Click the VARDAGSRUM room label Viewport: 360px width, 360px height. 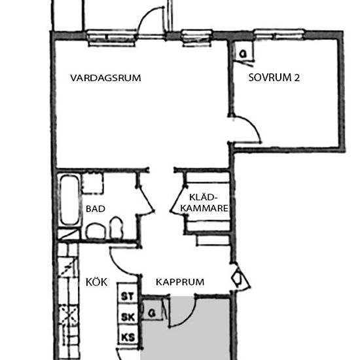[105, 78]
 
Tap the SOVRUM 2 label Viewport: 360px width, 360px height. [274, 77]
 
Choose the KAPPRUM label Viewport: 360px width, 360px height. [179, 282]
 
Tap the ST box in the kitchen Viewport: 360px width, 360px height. [127, 296]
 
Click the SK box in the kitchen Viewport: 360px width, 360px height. [127, 317]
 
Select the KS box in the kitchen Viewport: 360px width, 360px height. [127, 338]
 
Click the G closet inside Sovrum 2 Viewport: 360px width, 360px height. [242, 54]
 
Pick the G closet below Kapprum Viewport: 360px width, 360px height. [152, 312]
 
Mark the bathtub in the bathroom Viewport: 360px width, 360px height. [70, 200]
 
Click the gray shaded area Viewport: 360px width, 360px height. [186, 331]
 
